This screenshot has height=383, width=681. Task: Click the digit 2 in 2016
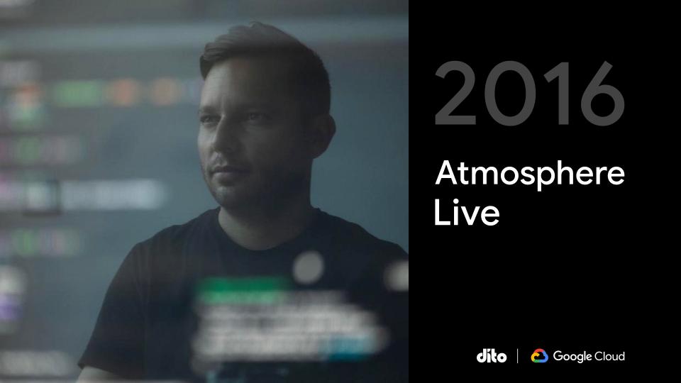coord(455,93)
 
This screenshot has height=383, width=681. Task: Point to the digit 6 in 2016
coord(602,93)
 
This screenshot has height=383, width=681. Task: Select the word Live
coord(467,212)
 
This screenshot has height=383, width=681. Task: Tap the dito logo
coord(491,356)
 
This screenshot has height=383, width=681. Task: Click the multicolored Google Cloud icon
coord(539,355)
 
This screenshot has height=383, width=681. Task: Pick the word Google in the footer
coord(572,357)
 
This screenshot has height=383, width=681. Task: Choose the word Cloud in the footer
coord(609,356)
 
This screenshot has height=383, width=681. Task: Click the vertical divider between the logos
coord(518,355)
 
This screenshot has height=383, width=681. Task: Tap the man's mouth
coord(222,170)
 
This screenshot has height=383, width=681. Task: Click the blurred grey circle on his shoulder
coord(308,267)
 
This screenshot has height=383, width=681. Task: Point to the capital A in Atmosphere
coord(448,173)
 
